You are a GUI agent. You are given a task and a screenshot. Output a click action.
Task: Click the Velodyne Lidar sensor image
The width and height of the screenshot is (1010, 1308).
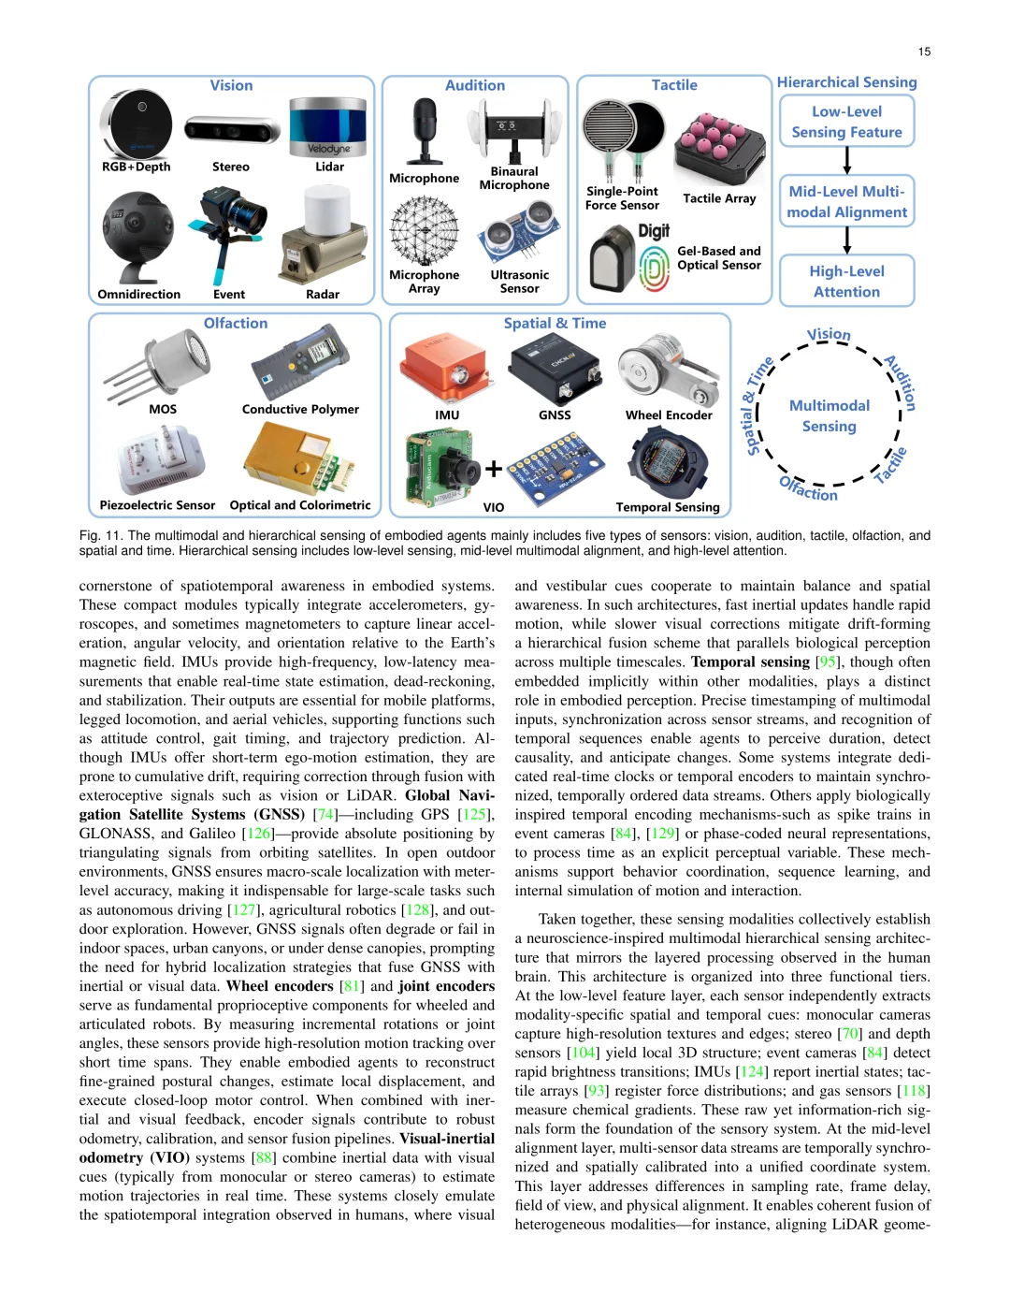point(327,127)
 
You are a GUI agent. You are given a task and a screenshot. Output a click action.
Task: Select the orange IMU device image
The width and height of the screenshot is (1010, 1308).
point(446,369)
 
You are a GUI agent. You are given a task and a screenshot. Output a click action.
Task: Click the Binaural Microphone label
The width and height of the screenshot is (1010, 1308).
point(514,179)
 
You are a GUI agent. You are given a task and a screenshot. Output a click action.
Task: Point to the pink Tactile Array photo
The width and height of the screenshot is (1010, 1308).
point(719,149)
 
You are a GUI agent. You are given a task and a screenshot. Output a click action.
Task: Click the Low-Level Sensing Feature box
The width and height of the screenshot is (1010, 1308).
point(846,122)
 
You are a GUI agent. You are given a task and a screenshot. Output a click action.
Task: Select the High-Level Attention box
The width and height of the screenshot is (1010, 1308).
point(846,281)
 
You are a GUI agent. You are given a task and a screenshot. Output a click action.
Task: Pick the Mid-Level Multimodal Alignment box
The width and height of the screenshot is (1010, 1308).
point(846,201)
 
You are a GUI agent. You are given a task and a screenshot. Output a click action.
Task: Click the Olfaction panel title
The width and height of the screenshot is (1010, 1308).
point(236,323)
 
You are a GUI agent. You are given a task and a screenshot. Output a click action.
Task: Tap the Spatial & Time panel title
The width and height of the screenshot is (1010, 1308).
point(555,323)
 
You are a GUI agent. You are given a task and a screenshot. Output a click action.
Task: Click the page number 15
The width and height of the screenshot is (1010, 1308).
point(924,51)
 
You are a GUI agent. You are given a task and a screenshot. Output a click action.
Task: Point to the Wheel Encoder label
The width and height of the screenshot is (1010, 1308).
point(669,415)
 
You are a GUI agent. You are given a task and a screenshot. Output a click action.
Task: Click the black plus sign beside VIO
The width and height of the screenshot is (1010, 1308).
point(494,468)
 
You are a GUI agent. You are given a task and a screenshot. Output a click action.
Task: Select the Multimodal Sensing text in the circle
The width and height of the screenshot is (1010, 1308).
point(829,415)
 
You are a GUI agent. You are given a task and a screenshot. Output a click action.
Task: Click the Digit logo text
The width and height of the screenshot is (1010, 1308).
point(654,231)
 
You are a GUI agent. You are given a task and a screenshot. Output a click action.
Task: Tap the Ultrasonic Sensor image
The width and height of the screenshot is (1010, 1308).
point(518,234)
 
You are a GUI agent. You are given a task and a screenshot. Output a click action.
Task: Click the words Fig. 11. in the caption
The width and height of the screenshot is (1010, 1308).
point(101,536)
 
